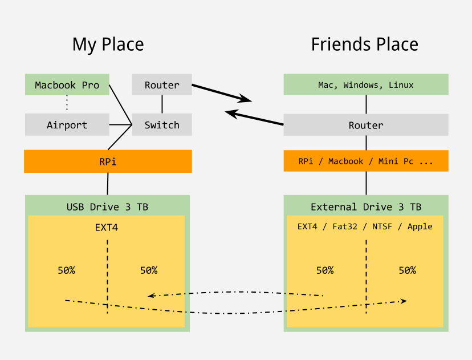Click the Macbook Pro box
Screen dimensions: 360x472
click(x=67, y=85)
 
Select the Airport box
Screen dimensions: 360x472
click(x=67, y=125)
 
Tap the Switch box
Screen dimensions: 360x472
click(x=162, y=125)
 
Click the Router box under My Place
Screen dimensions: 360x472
click(x=162, y=85)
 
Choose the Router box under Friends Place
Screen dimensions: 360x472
click(x=366, y=125)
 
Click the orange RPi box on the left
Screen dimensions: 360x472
click(x=108, y=161)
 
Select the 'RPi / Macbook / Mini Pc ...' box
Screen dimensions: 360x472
click(x=366, y=161)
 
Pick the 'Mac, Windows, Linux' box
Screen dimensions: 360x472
click(x=366, y=85)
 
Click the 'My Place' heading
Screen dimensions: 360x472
click(x=108, y=45)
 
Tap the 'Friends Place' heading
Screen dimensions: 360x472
click(x=365, y=45)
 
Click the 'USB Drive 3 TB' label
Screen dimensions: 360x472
click(x=108, y=207)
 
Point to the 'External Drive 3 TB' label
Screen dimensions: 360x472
click(x=366, y=207)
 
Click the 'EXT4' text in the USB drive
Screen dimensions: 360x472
click(x=107, y=228)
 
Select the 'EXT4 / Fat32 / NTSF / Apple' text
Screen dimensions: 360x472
click(x=365, y=226)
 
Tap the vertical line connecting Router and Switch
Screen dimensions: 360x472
click(x=162, y=104)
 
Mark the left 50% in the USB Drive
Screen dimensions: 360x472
click(x=66, y=270)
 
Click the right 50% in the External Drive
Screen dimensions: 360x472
click(x=407, y=270)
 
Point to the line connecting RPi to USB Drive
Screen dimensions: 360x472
click(x=108, y=184)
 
